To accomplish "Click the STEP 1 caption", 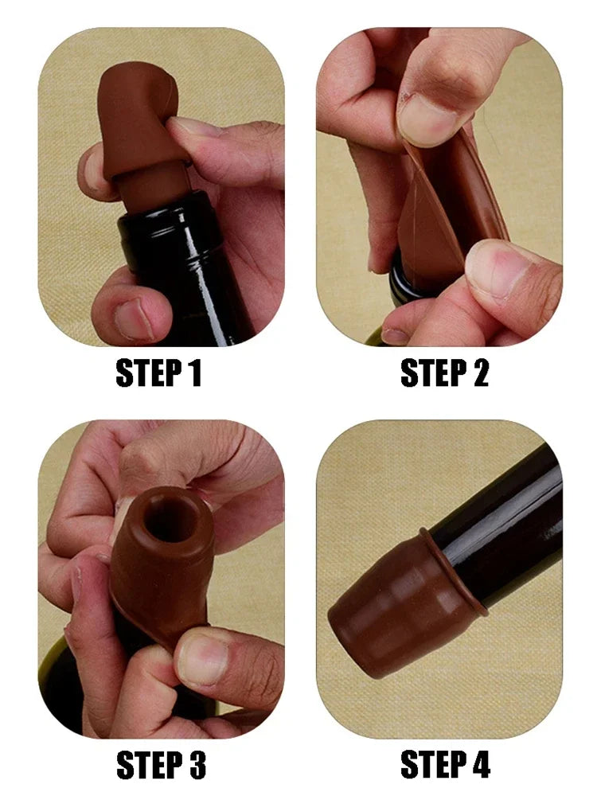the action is click(159, 373).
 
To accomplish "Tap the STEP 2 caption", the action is click(445, 373).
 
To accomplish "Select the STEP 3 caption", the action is click(162, 764).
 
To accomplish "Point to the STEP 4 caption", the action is click(445, 764).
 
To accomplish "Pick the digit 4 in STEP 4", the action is click(478, 764).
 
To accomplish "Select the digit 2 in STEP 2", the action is click(478, 373).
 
